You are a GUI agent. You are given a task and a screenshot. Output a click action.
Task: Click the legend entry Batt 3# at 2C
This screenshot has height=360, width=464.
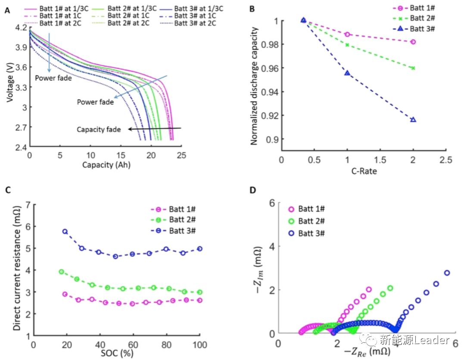pyautogui.click(x=195, y=23)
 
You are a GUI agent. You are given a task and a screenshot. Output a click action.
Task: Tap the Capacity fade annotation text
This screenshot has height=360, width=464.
pyautogui.click(x=99, y=129)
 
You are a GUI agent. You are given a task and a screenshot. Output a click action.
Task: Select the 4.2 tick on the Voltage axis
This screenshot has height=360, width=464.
pyautogui.click(x=20, y=28)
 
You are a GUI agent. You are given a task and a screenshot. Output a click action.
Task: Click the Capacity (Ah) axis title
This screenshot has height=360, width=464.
pyautogui.click(x=105, y=165)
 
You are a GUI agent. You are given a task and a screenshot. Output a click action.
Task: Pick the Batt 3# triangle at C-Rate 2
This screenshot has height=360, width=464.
pyautogui.click(x=413, y=119)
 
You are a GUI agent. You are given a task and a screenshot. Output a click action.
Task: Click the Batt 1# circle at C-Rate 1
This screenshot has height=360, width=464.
pyautogui.click(x=347, y=34)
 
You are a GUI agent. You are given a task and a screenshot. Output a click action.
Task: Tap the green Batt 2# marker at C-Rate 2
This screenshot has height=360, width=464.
pyautogui.click(x=413, y=68)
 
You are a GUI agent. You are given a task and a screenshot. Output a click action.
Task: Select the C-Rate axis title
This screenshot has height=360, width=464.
pyautogui.click(x=363, y=171)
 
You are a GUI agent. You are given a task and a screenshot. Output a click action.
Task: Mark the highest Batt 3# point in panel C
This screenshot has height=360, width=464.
pyautogui.click(x=65, y=232)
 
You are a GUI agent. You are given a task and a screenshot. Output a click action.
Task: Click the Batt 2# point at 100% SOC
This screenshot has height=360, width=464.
pyautogui.click(x=199, y=292)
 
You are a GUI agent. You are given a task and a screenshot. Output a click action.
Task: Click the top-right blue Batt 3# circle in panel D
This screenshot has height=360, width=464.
pyautogui.click(x=447, y=272)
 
